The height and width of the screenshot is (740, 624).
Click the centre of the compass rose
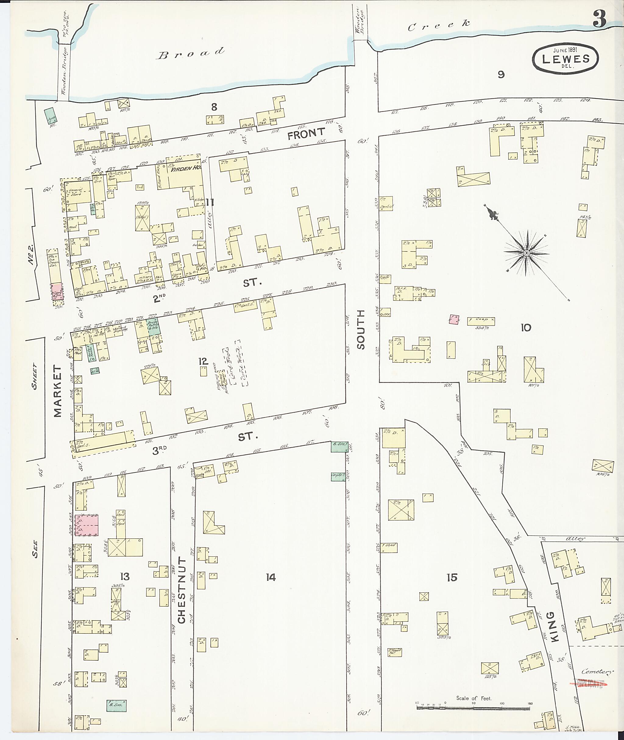point(526,253)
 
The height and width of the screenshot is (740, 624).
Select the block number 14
point(271,578)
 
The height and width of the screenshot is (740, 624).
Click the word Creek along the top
point(439,26)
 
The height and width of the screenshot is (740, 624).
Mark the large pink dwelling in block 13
point(85,525)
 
